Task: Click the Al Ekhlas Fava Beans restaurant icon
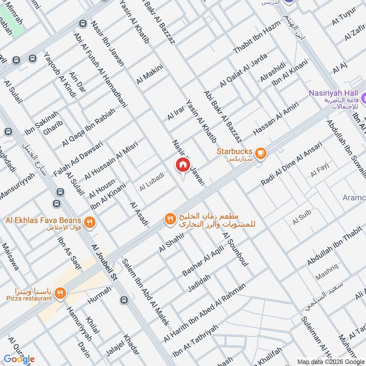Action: [x=90, y=223]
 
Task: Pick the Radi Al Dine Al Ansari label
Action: [x=291, y=163]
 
